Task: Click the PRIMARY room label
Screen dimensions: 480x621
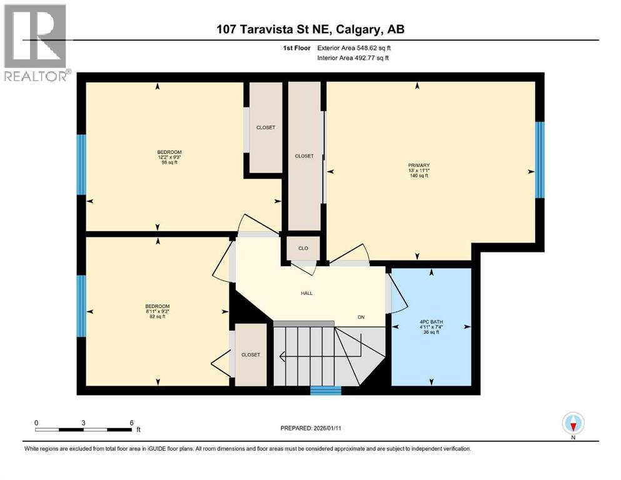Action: [418, 166]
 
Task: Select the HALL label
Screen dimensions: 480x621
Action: [306, 292]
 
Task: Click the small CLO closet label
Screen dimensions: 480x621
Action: [303, 248]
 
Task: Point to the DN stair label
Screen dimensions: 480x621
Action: [361, 317]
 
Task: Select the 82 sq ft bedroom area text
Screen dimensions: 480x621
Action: [158, 316]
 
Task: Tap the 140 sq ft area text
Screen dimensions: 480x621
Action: [418, 176]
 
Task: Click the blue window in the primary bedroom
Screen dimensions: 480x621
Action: [540, 160]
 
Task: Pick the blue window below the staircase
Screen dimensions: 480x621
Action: [326, 391]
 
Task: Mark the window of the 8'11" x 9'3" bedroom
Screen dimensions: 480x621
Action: [81, 306]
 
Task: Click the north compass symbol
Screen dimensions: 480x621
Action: [573, 424]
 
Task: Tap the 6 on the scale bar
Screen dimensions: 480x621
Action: [131, 422]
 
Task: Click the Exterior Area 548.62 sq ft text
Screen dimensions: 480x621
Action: [356, 47]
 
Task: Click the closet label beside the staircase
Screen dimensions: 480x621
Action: [251, 354]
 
